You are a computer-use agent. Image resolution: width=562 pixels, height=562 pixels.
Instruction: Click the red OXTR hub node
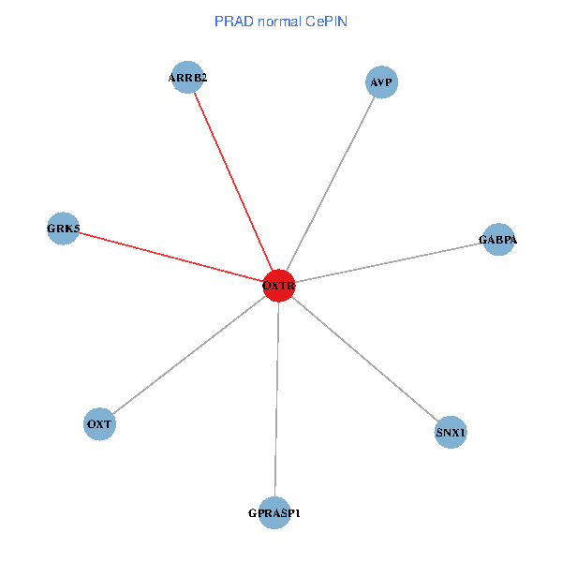tap(279, 285)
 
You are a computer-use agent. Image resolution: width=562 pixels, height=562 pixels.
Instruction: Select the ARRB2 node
tap(187, 78)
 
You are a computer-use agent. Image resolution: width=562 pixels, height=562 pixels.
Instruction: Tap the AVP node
tap(381, 82)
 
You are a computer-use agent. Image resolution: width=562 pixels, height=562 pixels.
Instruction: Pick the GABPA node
tap(497, 240)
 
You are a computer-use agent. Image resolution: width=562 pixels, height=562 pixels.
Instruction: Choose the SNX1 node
tap(451, 433)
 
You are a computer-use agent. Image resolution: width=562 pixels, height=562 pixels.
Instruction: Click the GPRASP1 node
tap(274, 512)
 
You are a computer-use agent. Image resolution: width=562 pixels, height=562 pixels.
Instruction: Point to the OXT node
tap(99, 424)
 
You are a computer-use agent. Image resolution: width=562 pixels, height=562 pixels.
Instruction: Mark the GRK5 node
tap(64, 228)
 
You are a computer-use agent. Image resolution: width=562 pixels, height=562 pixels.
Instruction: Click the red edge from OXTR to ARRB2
tap(233, 181)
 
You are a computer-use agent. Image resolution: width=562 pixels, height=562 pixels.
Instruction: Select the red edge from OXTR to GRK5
tap(171, 257)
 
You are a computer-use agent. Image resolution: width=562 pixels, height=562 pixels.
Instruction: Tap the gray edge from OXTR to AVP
tap(330, 184)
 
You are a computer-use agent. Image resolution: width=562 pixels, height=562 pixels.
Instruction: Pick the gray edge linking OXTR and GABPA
tap(388, 262)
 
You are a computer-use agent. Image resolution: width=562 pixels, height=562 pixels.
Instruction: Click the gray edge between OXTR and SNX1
tap(365, 359)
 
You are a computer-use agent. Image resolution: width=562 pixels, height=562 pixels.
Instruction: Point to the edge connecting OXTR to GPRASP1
tap(277, 398)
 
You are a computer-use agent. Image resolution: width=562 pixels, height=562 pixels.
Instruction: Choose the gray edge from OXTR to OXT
tap(189, 355)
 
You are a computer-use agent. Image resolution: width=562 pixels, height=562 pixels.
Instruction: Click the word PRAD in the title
tap(231, 21)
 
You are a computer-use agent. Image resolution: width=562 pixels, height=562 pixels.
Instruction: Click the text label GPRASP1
tap(274, 513)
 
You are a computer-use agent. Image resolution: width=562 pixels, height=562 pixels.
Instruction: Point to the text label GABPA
tap(497, 241)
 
